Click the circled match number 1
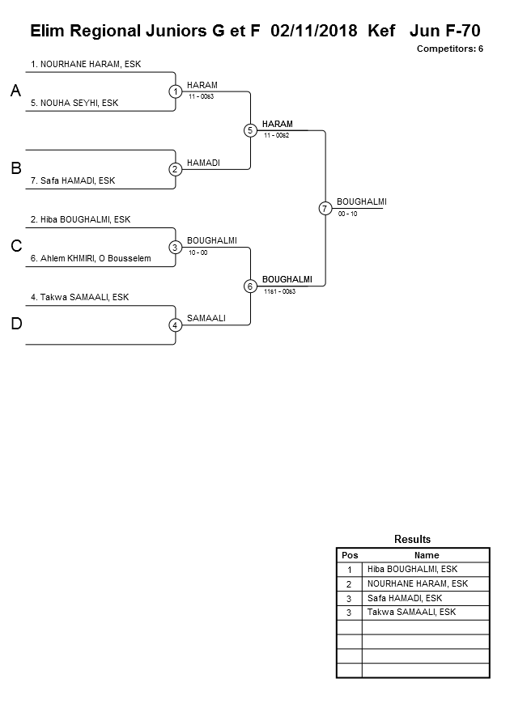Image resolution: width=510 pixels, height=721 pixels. pos(176,91)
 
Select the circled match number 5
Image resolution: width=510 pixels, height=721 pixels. pos(250,130)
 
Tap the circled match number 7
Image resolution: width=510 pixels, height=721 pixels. pos(325,208)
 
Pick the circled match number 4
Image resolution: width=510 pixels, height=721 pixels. pos(176,325)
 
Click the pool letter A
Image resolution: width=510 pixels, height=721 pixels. pos(15,91)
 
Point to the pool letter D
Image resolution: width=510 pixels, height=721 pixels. pos(15,324)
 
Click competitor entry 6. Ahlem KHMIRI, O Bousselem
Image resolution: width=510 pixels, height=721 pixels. pos(91,258)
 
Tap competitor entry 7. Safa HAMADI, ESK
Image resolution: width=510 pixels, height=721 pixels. pos(73,180)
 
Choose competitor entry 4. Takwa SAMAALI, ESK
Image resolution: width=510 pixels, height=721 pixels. pos(79,297)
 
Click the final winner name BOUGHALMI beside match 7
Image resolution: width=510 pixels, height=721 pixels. pos(361,201)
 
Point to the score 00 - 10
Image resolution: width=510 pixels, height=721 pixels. pos(348,214)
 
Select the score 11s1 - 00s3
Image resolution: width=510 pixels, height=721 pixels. pos(279,291)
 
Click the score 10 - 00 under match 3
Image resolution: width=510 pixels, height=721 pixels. pos(198,252)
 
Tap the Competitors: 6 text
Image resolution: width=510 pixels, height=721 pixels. pos(450,49)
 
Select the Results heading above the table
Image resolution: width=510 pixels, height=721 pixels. pos(413,539)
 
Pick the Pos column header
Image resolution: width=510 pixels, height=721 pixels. pos(350,555)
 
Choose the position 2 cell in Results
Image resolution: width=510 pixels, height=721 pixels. pos(350,583)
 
